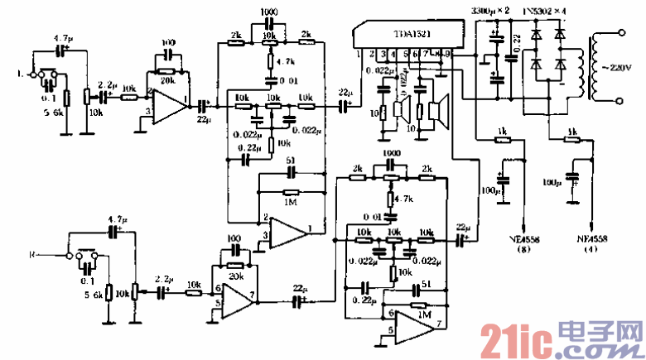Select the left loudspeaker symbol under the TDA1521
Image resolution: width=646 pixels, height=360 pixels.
click(x=405, y=108)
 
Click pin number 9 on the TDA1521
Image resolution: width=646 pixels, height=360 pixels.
click(x=448, y=54)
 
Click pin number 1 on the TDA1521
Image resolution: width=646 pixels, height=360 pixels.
click(x=359, y=54)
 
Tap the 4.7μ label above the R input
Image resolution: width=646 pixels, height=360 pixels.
click(x=115, y=220)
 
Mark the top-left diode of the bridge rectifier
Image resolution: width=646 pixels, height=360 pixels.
click(x=539, y=36)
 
